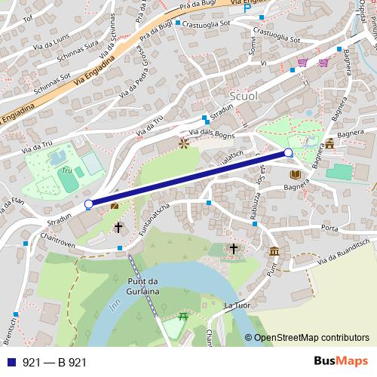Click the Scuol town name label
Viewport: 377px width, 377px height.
pyautogui.click(x=244, y=97)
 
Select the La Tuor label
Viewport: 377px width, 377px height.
pyautogui.click(x=236, y=305)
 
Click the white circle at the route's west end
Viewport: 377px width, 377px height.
pyautogui.click(x=88, y=204)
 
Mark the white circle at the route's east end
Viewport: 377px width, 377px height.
pyautogui.click(x=288, y=153)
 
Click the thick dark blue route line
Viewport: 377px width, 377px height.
pyautogui.click(x=188, y=179)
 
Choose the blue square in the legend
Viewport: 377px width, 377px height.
pyautogui.click(x=12, y=363)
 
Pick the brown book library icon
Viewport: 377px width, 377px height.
pyautogui.click(x=295, y=175)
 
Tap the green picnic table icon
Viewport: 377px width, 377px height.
pyautogui.click(x=182, y=318)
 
